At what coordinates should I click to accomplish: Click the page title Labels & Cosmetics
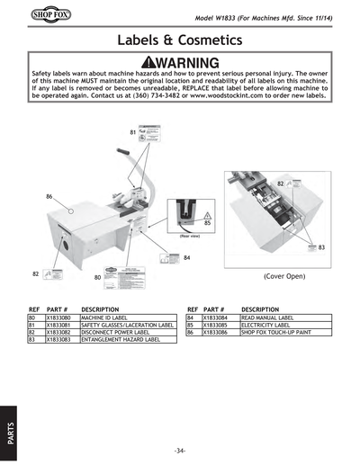(179, 40)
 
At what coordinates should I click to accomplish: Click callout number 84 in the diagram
(187, 258)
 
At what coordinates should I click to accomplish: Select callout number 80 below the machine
(97, 278)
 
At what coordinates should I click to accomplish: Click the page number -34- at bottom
(180, 450)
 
